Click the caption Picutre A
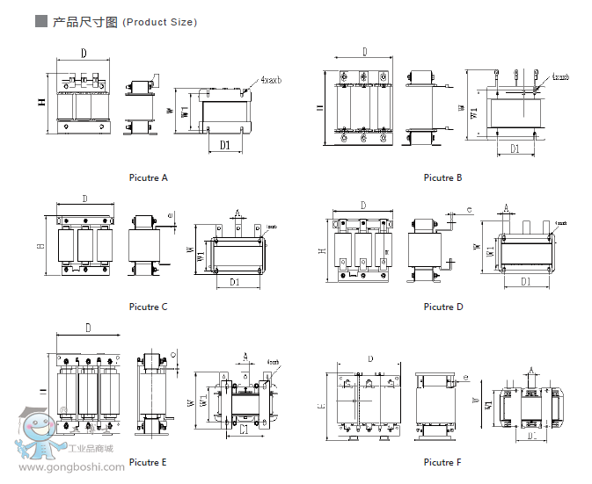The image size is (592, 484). point(147,177)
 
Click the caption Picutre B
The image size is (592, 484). point(442,177)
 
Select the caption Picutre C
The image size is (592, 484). point(148,307)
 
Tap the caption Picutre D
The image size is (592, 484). point(442,307)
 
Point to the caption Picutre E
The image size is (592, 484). point(147,462)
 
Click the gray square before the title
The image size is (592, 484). point(40,21)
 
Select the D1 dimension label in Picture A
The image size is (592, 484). point(225,144)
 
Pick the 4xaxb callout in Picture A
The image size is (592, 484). point(271,80)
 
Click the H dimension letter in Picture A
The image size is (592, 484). point(41,103)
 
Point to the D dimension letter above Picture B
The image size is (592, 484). point(363,52)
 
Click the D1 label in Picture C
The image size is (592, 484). point(235,282)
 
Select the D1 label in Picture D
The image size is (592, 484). point(525,281)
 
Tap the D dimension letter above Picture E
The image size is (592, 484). point(88,328)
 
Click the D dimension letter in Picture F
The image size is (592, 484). point(370,358)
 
